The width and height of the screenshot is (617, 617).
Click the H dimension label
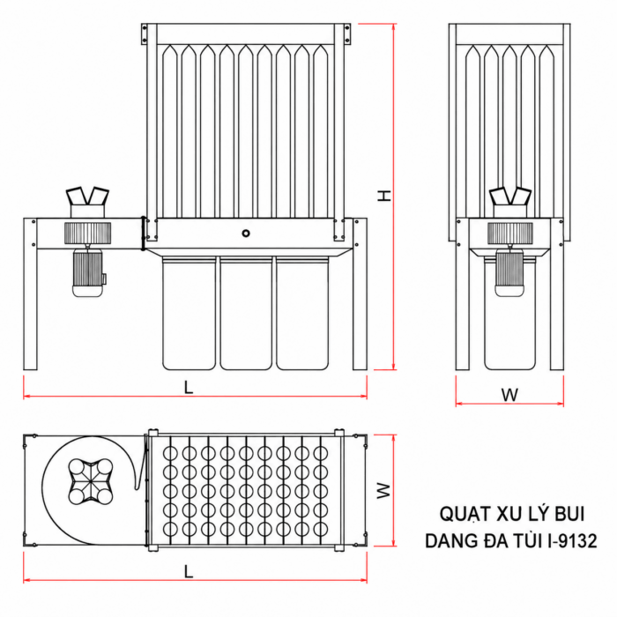point(384,196)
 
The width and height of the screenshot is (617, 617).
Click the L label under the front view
point(189,388)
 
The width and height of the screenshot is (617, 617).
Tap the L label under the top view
point(189,571)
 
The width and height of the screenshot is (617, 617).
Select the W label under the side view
point(509,395)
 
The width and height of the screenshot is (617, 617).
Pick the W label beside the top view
point(383,491)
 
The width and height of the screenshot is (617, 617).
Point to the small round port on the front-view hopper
point(246,234)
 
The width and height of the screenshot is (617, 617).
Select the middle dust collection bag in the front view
point(246,313)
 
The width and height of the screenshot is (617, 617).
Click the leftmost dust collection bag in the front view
point(190,313)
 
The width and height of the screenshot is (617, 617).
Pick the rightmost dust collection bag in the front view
point(302,313)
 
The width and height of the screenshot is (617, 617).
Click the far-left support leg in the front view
point(30,294)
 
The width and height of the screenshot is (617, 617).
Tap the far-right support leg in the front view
point(360,294)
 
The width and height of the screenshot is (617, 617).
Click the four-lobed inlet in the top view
point(91,481)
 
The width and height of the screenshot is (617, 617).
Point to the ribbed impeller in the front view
point(87,233)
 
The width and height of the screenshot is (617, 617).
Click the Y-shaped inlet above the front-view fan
point(87,202)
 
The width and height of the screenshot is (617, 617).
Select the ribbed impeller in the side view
point(510,233)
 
